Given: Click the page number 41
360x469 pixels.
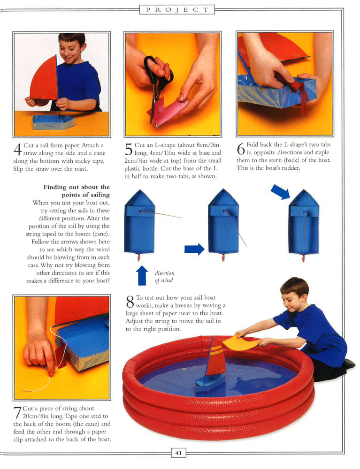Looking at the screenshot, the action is click(x=178, y=453).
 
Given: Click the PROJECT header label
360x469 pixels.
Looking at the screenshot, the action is click(x=177, y=9).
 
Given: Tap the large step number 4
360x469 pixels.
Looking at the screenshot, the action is click(x=18, y=150).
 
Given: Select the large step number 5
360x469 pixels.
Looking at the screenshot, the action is click(x=129, y=149).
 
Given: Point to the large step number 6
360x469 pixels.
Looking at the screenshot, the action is click(x=241, y=149).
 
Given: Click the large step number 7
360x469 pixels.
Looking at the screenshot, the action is click(x=17, y=413).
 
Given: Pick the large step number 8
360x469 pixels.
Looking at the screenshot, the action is click(x=130, y=302).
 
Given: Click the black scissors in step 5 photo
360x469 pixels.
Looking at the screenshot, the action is click(x=157, y=82).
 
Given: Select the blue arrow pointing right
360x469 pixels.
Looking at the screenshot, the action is click(x=194, y=249).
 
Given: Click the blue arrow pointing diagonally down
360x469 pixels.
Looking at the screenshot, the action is click(x=280, y=192).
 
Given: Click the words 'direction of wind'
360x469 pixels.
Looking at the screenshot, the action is click(x=164, y=277).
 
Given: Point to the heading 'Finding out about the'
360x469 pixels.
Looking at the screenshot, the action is click(x=77, y=187).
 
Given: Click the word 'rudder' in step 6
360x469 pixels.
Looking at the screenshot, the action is click(x=290, y=168).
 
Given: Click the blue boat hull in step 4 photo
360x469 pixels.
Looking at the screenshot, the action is click(x=53, y=122).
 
